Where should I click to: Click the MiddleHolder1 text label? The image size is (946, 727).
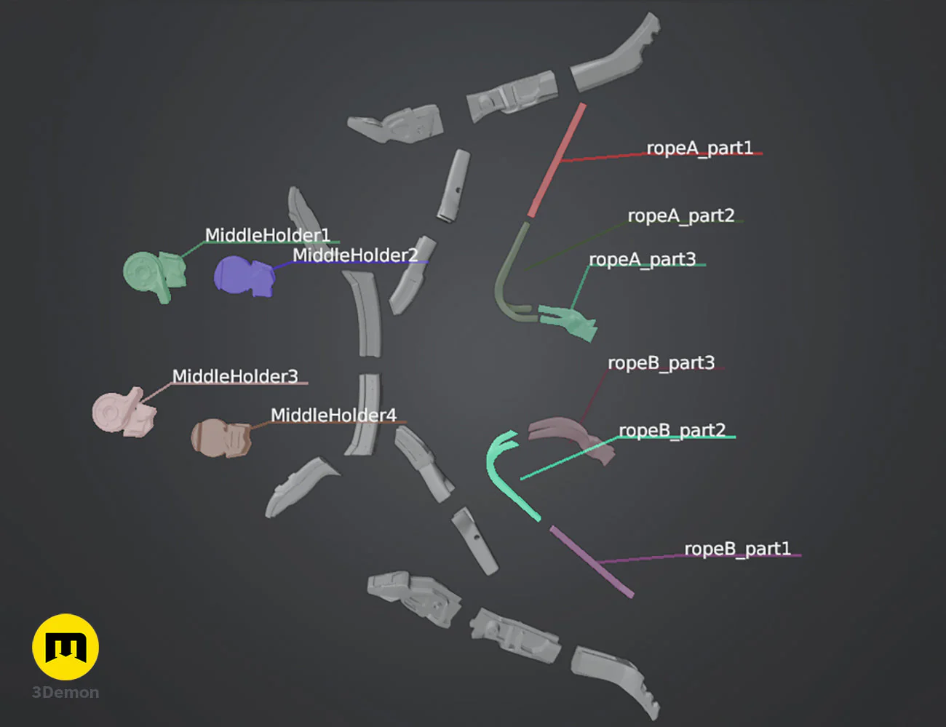click(268, 236)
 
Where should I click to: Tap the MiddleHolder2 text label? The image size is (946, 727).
click(355, 255)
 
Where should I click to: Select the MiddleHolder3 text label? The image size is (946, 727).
click(235, 376)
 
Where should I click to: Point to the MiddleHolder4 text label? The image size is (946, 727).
click(333, 416)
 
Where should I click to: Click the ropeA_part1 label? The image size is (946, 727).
click(699, 148)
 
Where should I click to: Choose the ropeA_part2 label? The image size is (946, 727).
click(681, 216)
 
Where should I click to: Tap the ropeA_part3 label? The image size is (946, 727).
click(643, 260)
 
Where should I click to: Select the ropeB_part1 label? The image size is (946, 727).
click(737, 549)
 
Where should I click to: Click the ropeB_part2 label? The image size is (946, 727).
click(672, 431)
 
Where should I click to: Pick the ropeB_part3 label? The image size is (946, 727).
click(661, 363)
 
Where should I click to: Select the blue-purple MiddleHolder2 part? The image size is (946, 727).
click(245, 277)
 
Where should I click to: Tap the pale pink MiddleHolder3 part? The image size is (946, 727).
click(124, 412)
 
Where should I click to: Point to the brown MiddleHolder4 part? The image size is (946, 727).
click(221, 438)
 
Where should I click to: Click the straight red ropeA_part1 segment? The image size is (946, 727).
click(557, 160)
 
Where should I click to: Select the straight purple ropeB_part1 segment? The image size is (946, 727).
click(592, 562)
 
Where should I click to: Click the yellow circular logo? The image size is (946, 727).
click(65, 647)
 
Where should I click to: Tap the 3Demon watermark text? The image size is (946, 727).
click(65, 693)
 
